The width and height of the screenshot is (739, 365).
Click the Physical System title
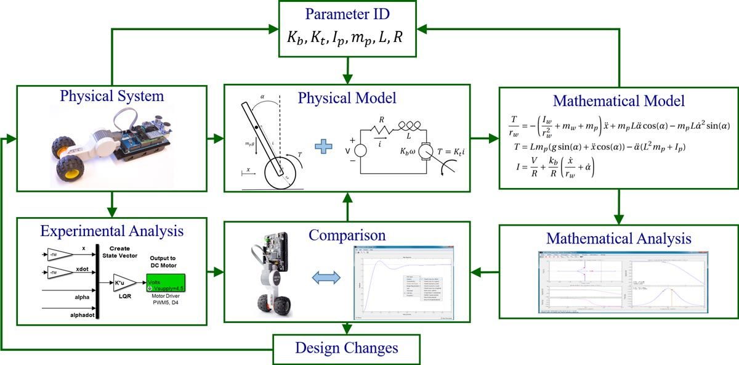click(x=112, y=96)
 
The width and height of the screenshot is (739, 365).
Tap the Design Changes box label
click(x=347, y=347)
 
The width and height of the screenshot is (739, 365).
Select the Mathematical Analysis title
click(x=619, y=239)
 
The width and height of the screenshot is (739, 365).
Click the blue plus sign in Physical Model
click(x=324, y=148)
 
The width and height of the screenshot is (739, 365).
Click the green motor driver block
click(x=166, y=283)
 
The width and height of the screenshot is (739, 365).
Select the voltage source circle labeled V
click(x=360, y=149)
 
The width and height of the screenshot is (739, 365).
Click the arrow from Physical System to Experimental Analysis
click(x=112, y=202)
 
